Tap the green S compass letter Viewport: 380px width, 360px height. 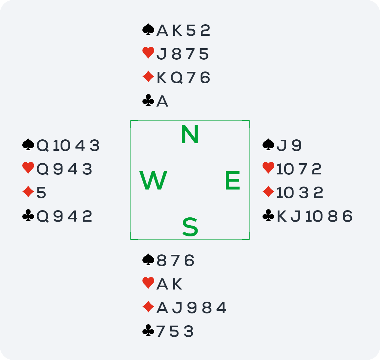point(190,227)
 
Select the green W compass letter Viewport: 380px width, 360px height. point(153,180)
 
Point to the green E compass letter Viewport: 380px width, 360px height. point(232,180)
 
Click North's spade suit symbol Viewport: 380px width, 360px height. point(148,30)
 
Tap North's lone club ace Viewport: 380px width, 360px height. point(162,101)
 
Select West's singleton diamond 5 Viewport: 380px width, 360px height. point(41,193)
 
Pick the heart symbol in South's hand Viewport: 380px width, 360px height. point(148,283)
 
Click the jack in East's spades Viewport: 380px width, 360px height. point(281,145)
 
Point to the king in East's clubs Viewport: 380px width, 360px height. point(282,216)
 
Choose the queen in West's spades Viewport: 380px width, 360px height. point(42,146)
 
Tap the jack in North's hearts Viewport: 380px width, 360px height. point(161,54)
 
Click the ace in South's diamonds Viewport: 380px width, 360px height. point(162,308)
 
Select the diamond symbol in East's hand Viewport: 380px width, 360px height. point(268,192)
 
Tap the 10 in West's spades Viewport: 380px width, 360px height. point(62,146)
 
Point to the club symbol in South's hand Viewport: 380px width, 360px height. point(148,330)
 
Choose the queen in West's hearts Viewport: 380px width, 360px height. point(42,169)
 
